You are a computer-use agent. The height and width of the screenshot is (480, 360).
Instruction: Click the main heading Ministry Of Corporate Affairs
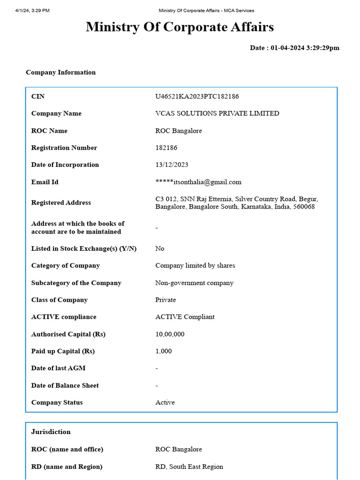[x=180, y=27]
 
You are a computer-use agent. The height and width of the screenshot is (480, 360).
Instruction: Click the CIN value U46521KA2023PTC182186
[x=197, y=97]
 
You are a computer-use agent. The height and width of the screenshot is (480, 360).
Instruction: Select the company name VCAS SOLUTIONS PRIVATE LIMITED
[x=217, y=113]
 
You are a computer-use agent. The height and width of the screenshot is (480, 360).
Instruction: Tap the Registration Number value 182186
[x=166, y=148]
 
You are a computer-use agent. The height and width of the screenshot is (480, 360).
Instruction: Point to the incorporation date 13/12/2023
[x=172, y=165]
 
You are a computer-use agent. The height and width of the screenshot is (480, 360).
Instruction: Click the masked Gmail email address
[x=198, y=182]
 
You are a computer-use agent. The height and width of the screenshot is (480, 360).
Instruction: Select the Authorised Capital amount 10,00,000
[x=170, y=334]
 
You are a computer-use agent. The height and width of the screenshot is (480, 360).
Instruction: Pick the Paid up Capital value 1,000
[x=164, y=351]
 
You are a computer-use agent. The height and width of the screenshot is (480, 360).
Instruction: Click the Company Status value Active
[x=165, y=403]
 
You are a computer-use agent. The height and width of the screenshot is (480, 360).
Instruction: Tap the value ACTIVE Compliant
[x=185, y=317]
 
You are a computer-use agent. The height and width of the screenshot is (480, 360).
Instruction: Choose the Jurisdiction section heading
[x=51, y=432]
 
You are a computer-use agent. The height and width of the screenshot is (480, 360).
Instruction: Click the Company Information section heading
[x=60, y=72]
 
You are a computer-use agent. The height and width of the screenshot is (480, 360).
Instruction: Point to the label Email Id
[x=45, y=182]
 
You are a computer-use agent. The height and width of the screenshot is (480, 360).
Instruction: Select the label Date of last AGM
[x=58, y=368]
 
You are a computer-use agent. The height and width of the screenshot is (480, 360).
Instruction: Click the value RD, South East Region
[x=189, y=466]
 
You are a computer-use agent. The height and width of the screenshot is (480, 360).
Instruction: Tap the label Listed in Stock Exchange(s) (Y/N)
[x=83, y=248]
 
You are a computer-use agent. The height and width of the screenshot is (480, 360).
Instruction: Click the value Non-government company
[x=194, y=283]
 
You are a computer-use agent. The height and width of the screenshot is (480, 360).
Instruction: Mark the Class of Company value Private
[x=165, y=300]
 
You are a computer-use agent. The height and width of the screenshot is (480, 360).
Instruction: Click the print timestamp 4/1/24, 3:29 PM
[x=32, y=10]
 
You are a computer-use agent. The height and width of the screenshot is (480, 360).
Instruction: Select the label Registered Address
[x=61, y=203]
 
